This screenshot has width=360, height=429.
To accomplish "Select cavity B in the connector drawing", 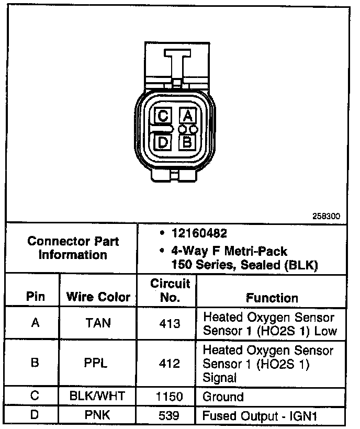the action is pos(187,141).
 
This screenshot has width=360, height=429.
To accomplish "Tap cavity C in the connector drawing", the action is pos(163,116).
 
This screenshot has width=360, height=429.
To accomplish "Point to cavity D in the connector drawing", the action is pos(163,141).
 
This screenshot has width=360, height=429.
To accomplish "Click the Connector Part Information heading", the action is pos(73,248).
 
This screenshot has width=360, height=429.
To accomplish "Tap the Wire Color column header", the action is pos(98,297).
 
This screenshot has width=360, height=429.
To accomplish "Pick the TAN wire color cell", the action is pos(98,323).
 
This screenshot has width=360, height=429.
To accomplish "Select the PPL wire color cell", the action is pos(98,363).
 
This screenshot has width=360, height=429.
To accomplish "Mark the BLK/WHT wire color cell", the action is pos(98,396).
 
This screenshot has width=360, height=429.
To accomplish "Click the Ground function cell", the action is pos(223,396).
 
